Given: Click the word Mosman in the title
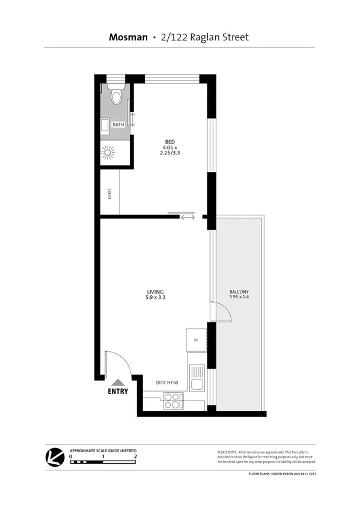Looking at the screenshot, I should click(128, 37).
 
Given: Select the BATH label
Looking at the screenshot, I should click(118, 125).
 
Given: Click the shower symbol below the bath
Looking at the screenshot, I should click(108, 152).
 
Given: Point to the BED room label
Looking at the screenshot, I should click(169, 142).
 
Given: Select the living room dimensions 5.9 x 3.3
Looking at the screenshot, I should click(155, 298).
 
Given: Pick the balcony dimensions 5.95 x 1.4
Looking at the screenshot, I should click(239, 298).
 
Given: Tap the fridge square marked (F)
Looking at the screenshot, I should click(196, 339).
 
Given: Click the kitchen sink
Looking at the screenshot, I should click(197, 379).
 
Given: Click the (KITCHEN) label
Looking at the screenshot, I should click(166, 382).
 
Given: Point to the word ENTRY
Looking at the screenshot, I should click(118, 392).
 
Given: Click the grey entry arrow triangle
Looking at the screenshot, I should click(118, 381).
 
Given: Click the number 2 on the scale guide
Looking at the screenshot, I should click(136, 456).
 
